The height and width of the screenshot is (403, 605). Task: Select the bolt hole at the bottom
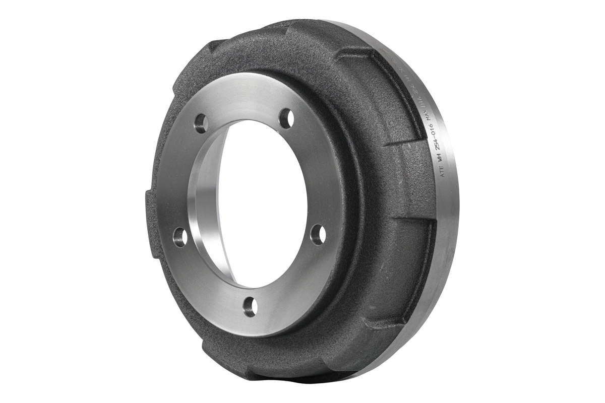(250, 306)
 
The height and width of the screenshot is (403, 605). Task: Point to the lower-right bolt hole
(317, 235)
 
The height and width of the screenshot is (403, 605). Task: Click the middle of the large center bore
(262, 201)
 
